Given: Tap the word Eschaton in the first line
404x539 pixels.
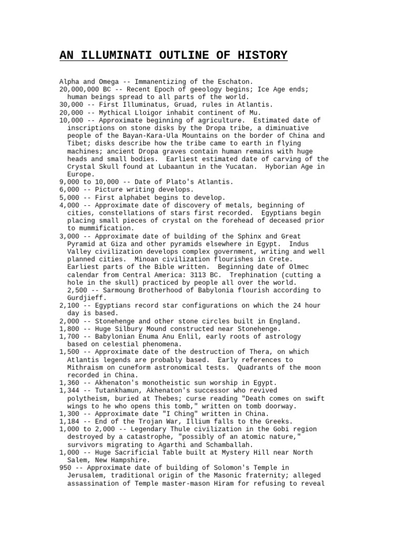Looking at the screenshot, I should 233,82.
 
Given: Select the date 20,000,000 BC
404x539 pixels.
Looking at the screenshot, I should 82,89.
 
